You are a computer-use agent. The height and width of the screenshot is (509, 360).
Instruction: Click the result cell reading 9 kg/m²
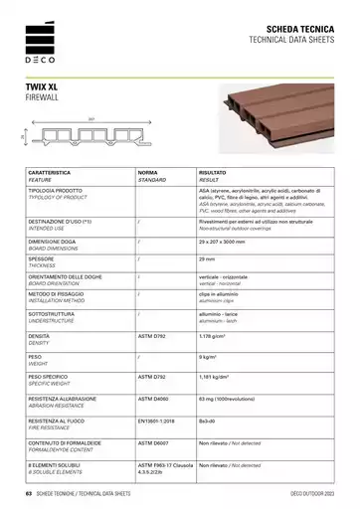211,355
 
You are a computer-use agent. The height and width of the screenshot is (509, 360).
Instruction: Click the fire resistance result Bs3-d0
208,422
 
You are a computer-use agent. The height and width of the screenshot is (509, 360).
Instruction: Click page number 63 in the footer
30,494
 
